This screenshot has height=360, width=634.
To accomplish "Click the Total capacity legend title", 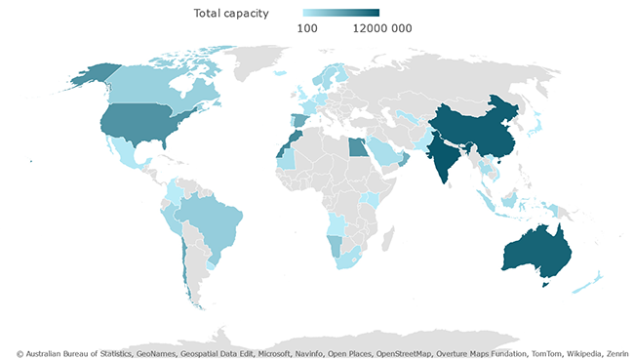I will coord(230,13).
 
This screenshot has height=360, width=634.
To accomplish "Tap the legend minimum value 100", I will coord(308,28).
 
